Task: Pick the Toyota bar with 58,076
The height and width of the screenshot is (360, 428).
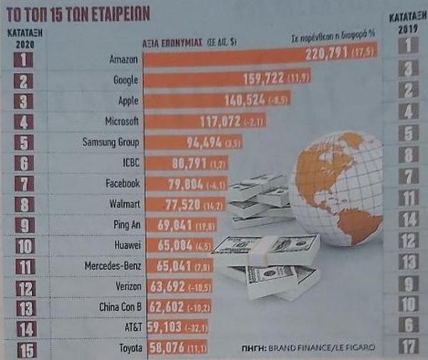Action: (168, 349)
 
